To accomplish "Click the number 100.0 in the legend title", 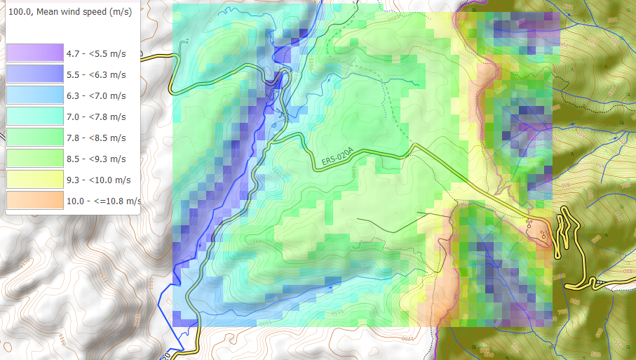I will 18,12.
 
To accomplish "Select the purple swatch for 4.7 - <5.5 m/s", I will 35,53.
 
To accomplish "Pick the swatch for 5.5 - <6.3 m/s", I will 35,74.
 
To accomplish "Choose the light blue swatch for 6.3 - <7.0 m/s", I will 35,95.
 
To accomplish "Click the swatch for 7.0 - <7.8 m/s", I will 35,116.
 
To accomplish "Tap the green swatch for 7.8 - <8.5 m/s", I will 35,137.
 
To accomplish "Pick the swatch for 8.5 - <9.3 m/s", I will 35,158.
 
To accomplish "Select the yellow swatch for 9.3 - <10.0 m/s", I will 35,179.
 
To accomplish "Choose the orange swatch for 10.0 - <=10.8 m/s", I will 35,200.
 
